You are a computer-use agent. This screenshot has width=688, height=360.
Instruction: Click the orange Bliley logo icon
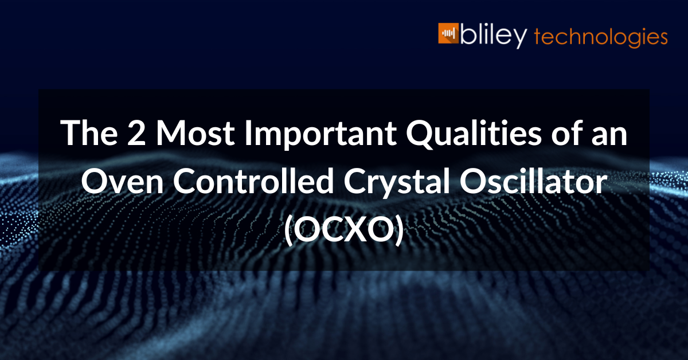click(x=449, y=34)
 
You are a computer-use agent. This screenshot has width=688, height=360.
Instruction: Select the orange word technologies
click(x=600, y=37)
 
